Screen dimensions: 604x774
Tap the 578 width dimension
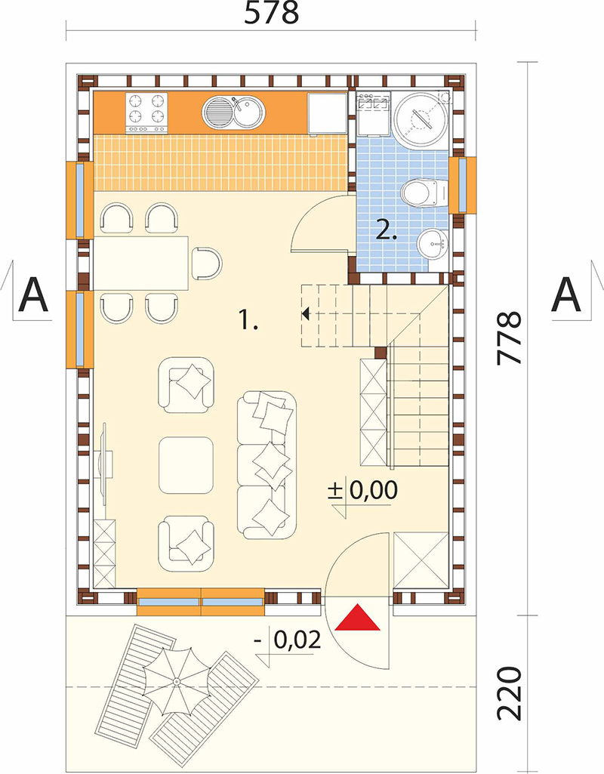pos(272,14)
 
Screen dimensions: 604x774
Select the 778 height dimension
pos(509,338)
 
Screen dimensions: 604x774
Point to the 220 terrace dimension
pos(509,694)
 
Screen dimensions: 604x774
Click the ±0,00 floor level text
pos(362,491)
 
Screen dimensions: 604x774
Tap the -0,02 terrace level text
pos(288,640)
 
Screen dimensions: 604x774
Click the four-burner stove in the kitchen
pos(146,113)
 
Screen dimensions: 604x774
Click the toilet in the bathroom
pos(424,193)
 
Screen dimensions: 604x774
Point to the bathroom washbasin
pos(433,245)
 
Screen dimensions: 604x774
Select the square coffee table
pos(186,465)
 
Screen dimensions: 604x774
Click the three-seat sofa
pos(267,464)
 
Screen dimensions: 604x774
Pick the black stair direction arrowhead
pos(306,313)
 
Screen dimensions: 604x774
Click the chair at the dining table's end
pos(206,263)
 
